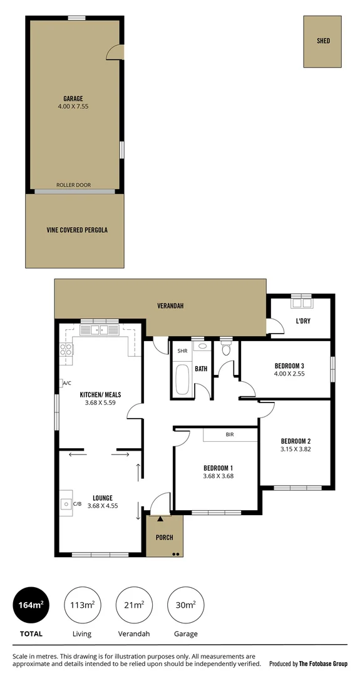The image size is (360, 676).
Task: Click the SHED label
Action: pos(323,41)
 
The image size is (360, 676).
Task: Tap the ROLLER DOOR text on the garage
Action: pos(73,185)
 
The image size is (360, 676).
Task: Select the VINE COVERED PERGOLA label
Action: pos(77,230)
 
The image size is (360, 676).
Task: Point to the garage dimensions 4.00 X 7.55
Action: pos(73,107)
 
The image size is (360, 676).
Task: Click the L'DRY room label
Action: pos(304,322)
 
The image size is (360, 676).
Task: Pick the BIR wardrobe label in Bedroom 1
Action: pos(230,434)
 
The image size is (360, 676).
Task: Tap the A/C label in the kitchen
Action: pos(66,383)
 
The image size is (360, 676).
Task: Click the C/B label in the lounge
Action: pos(78,503)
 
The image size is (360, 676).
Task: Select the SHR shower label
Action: pos(183,351)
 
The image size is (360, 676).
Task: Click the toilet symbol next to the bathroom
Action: pos(226,351)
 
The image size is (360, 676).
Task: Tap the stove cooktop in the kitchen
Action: pos(66,351)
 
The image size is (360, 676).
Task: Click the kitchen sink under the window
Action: pos(100,330)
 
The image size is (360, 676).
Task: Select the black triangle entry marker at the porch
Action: pos(161,519)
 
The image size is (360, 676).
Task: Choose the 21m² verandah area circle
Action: pos(134,606)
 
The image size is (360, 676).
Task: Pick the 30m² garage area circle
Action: pos(185,606)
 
